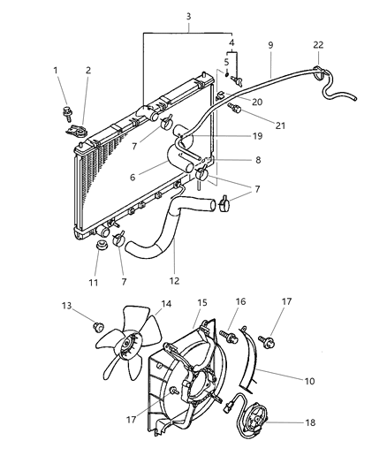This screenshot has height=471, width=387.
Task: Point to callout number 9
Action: [270, 43]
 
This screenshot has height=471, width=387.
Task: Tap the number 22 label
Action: [318, 44]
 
